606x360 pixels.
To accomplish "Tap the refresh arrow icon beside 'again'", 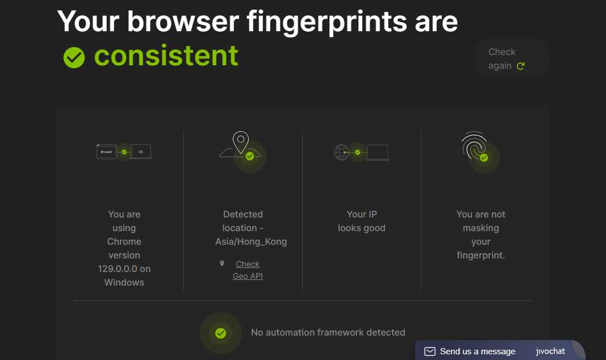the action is tap(521, 66).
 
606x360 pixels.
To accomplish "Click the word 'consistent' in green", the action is tap(166, 56).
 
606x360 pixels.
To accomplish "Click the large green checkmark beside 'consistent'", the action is tap(74, 57).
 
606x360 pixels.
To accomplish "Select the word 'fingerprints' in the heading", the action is tap(327, 22).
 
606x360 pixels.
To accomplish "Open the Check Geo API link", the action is tap(248, 270).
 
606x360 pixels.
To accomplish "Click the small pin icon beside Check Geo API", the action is tap(222, 263).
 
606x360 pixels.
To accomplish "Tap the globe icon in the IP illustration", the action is tap(341, 152).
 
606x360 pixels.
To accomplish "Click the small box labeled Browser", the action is tap(106, 152).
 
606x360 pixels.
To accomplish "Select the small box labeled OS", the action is tap(141, 152).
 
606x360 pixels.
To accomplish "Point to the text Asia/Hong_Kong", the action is tap(251, 242).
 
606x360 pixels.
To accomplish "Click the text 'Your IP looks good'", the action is tap(362, 221).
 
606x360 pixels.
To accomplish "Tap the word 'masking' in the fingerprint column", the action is tap(481, 228).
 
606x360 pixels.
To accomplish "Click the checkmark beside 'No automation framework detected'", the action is tap(221, 333).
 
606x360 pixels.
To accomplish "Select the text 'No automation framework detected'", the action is tap(328, 333).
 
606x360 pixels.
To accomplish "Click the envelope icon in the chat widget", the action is tap(430, 351).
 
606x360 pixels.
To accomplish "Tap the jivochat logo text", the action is tap(550, 351).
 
